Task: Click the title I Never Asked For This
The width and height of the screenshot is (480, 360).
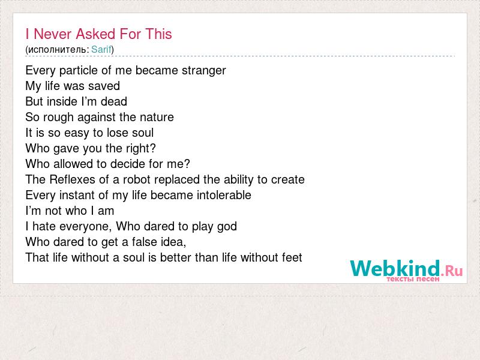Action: point(98,34)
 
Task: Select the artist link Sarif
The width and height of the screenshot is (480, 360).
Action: point(101,49)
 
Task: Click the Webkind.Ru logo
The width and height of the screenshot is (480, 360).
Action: point(406,268)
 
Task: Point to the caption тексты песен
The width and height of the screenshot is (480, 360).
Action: point(413,279)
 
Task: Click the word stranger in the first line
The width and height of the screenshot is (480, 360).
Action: point(203,71)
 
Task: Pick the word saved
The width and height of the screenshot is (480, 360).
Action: point(104,86)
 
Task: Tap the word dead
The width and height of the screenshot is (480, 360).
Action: point(114,101)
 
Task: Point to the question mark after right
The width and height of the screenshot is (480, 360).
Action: point(153,148)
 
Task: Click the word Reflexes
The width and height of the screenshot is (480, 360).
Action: point(72,179)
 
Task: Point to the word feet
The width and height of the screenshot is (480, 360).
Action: point(292,257)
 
